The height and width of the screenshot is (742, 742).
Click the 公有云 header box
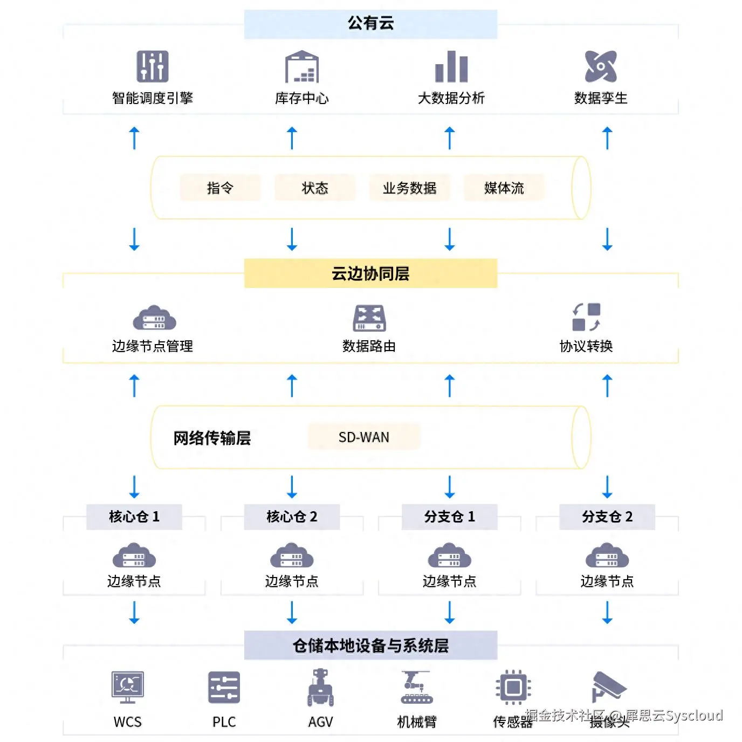tap(370, 24)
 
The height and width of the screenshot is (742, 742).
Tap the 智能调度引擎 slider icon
tap(152, 66)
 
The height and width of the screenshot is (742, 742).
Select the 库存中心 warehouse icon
tap(302, 67)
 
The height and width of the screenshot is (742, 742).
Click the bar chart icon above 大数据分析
tap(451, 67)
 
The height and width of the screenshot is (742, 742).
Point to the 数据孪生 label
tap(601, 98)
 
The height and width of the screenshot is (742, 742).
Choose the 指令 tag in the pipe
tap(220, 188)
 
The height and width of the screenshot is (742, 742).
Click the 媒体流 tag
tap(504, 188)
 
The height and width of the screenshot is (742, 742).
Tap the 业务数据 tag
tap(409, 188)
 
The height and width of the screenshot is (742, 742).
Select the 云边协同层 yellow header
tap(370, 273)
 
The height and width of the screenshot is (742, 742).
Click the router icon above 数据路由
tap(369, 318)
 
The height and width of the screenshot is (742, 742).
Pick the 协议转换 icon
tap(586, 317)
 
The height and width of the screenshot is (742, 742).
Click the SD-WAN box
tap(364, 437)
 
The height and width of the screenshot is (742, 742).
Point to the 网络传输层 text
tap(212, 438)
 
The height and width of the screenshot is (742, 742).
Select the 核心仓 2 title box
tap(292, 517)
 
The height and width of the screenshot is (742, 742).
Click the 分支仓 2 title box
tap(607, 517)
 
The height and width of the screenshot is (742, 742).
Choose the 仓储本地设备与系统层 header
tap(370, 645)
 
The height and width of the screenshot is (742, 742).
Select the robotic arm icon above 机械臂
tap(416, 688)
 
